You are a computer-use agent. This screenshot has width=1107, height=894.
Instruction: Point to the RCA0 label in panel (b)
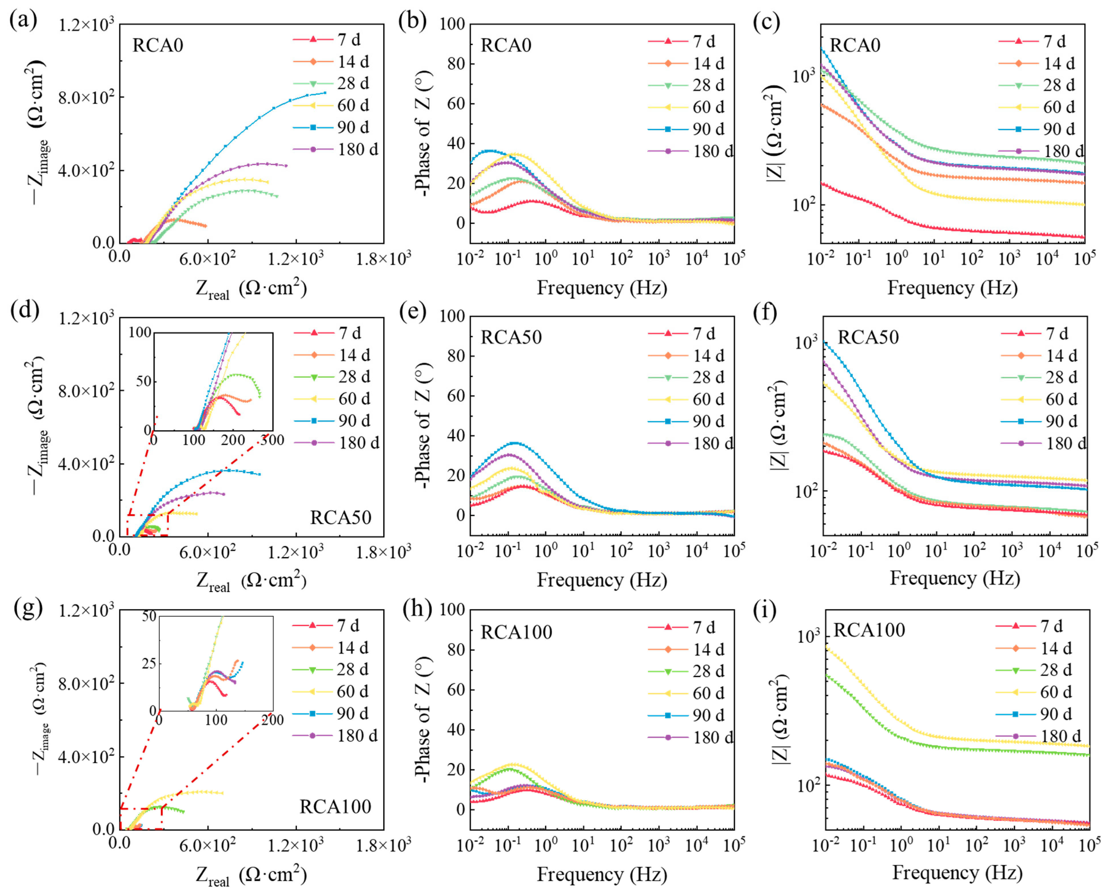(x=506, y=45)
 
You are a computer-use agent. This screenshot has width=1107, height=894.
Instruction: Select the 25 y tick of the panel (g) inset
(x=148, y=663)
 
